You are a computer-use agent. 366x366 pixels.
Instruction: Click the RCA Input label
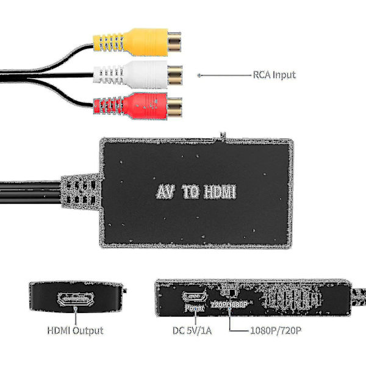coord(274,75)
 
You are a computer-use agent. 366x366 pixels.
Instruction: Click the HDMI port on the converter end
coord(74,300)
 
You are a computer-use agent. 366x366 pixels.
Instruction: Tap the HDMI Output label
coord(75,331)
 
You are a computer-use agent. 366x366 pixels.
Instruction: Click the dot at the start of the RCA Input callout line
coord(199,75)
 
